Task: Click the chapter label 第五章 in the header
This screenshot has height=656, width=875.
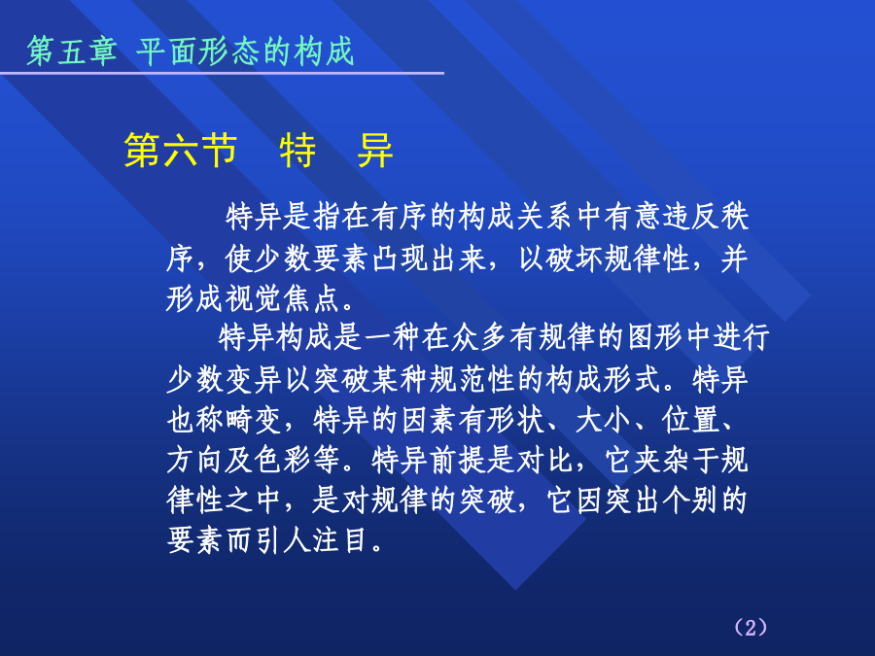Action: click(72, 52)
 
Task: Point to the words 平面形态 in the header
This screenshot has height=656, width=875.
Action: click(198, 52)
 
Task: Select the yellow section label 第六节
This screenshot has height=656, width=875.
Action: click(180, 150)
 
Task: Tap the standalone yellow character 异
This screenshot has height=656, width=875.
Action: click(375, 150)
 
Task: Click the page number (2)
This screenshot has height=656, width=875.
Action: click(751, 627)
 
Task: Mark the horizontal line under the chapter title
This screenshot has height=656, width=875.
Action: click(222, 73)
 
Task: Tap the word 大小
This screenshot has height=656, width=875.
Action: click(604, 420)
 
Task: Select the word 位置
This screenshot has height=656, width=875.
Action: click(691, 420)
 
